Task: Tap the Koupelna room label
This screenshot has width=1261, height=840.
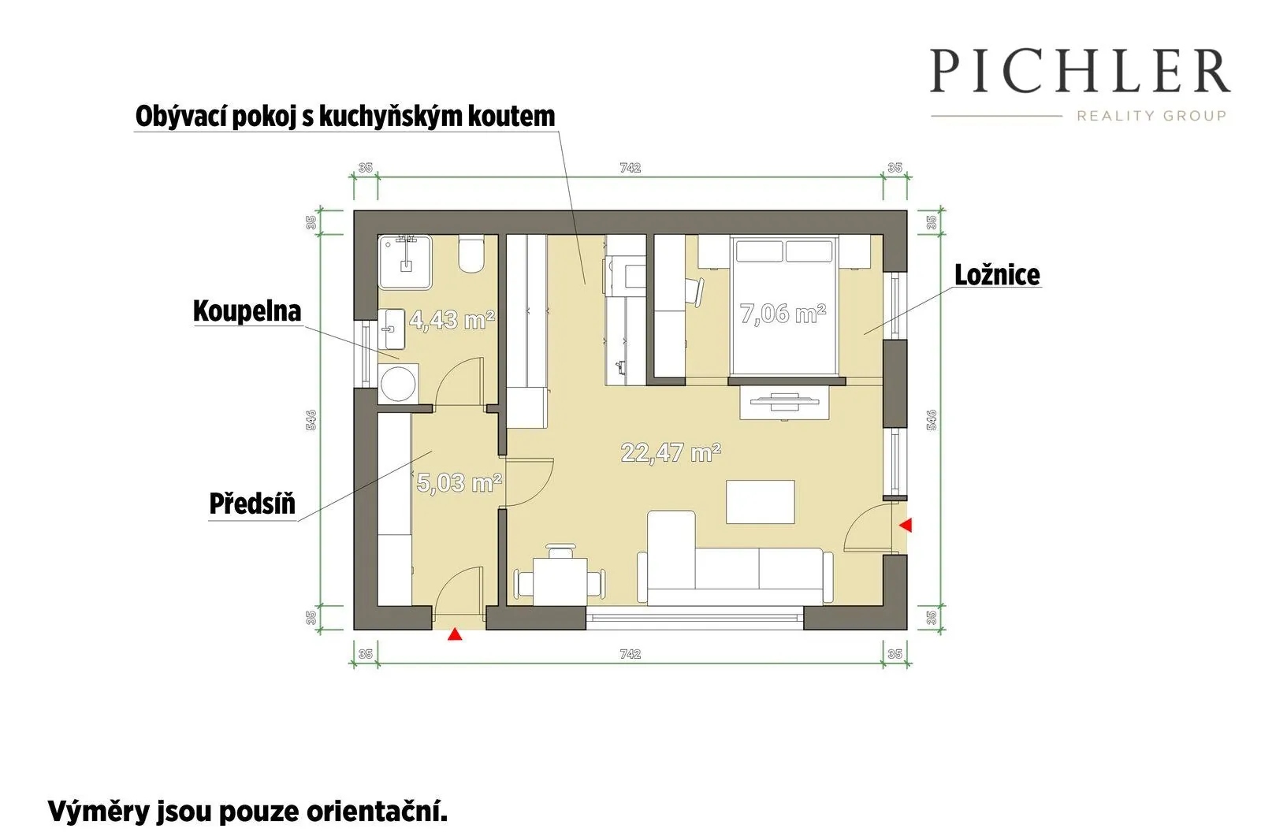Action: click(x=247, y=310)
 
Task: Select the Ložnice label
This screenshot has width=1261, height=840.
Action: click(x=997, y=275)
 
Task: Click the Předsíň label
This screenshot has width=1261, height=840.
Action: click(x=252, y=504)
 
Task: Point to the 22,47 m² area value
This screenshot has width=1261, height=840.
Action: click(x=671, y=452)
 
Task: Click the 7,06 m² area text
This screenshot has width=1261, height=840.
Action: click(x=783, y=314)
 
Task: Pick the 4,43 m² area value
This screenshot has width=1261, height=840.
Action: click(x=452, y=320)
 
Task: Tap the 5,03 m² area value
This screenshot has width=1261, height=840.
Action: click(x=459, y=482)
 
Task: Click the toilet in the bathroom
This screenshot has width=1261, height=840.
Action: click(x=471, y=255)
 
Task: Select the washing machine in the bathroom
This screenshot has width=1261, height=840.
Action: click(x=398, y=384)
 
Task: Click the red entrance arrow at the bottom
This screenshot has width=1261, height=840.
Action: click(x=455, y=634)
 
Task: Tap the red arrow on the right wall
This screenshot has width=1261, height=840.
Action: click(x=906, y=526)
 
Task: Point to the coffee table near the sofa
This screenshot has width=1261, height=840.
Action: click(x=760, y=502)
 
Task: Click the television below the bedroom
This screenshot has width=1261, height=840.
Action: click(x=784, y=401)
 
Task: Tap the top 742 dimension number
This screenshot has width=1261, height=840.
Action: click(x=630, y=168)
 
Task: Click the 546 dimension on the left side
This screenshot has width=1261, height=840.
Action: click(x=311, y=420)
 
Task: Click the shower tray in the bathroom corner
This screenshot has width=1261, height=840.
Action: click(x=405, y=262)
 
